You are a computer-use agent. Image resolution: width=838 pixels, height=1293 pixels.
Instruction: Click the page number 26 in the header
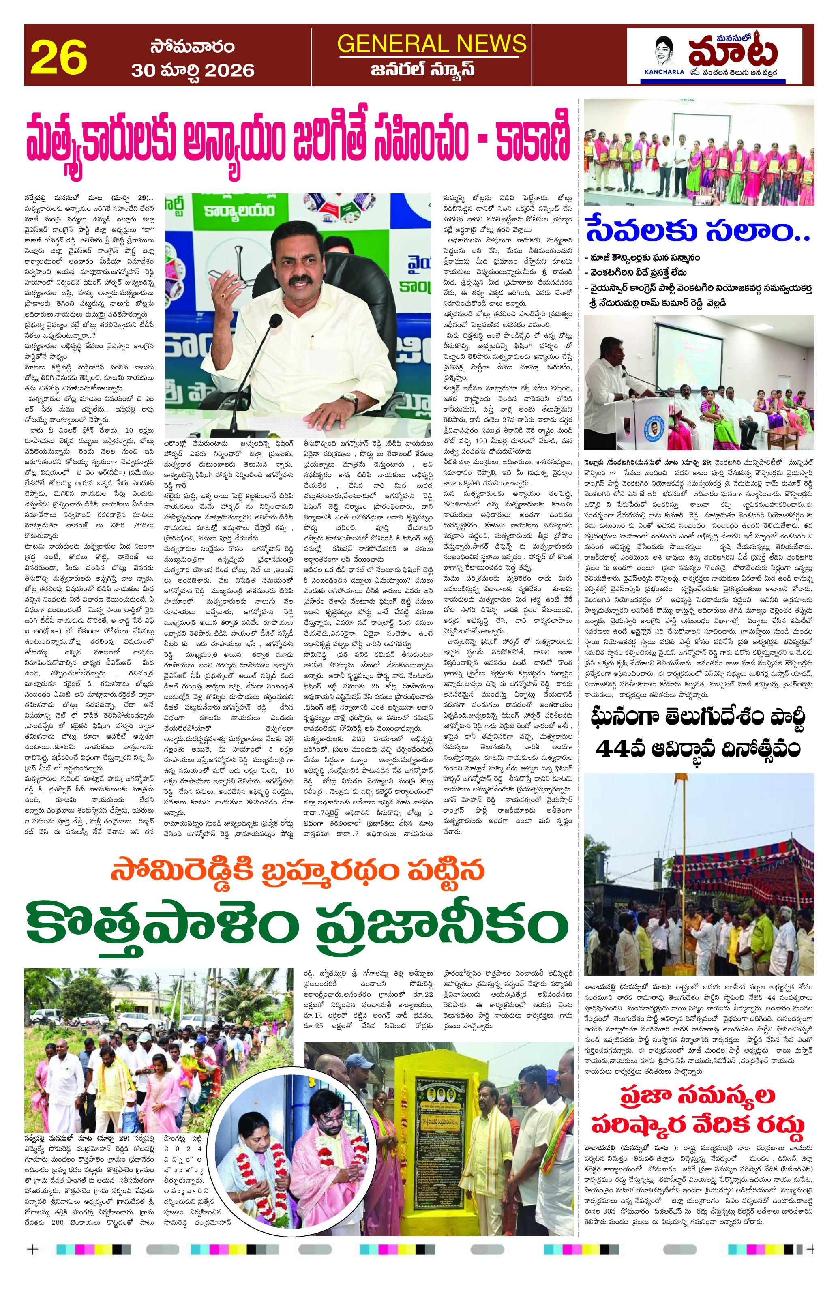click(59, 56)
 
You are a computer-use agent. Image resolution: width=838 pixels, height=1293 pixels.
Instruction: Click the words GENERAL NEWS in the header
click(432, 43)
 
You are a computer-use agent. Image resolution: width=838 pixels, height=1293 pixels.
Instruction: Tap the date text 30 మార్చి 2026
click(193, 70)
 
